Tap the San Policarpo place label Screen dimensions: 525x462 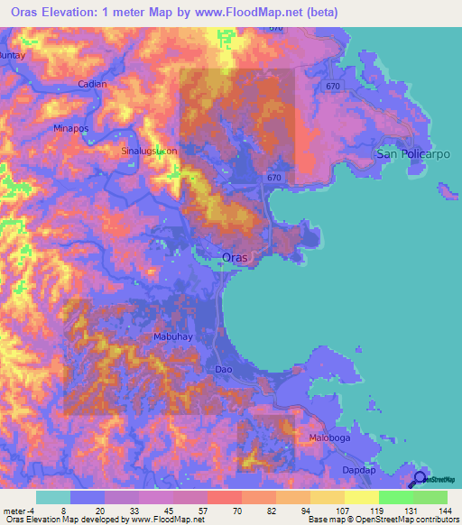point(411,154)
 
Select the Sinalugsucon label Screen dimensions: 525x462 point(149,152)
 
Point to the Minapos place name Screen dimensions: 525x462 point(72,129)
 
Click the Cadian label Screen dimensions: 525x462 point(92,84)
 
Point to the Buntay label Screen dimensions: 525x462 point(11,56)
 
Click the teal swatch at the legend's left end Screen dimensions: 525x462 point(52,497)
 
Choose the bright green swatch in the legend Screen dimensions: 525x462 point(395,497)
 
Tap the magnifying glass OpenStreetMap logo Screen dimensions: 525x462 point(420,478)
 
